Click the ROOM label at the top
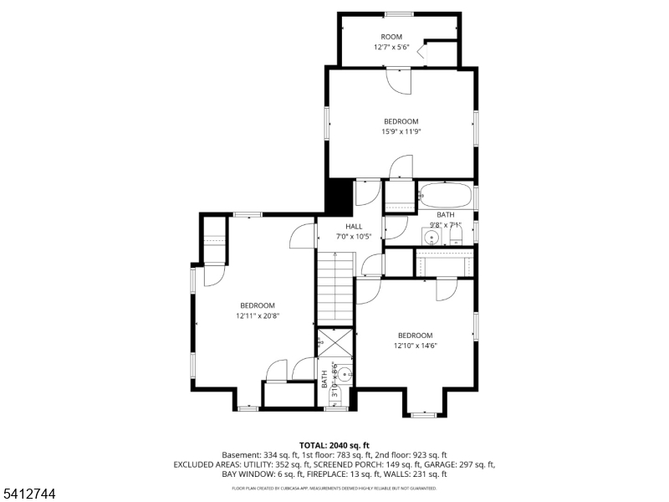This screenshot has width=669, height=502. tap(391, 37)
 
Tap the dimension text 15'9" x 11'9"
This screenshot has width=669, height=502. tap(401, 131)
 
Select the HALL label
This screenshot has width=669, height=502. tap(354, 227)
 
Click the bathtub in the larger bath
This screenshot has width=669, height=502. tap(446, 197)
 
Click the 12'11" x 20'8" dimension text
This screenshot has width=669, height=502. tap(258, 316)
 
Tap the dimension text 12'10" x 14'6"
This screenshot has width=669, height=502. tap(416, 346)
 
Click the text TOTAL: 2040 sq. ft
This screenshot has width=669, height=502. tap(334, 445)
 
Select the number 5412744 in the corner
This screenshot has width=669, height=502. tap(29, 494)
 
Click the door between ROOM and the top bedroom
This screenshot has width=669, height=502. tap(400, 79)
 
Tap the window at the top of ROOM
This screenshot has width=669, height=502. tap(398, 13)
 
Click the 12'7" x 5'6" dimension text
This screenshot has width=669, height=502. tap(391, 47)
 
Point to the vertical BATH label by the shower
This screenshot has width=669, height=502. tap(324, 379)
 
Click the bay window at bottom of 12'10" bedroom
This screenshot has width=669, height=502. tap(424, 413)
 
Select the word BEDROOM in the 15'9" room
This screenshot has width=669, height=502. tap(401, 121)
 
